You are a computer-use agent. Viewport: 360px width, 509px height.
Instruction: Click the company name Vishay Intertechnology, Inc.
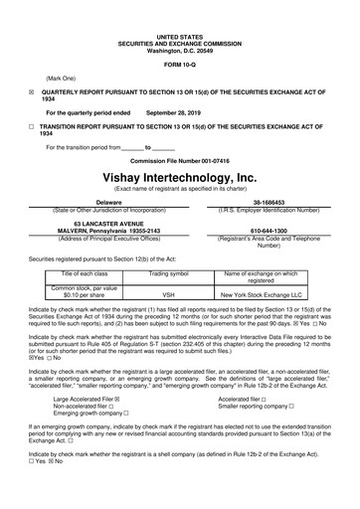click(179, 176)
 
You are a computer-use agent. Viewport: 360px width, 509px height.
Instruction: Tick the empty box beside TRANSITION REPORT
click(31, 127)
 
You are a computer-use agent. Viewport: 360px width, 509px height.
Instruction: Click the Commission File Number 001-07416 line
click(179, 160)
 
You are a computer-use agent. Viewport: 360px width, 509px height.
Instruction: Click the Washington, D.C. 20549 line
click(179, 21)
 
